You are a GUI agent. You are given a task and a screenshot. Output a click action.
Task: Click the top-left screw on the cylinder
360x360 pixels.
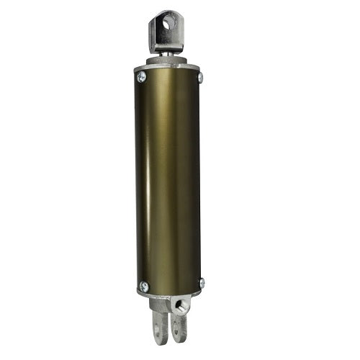tap(141, 75)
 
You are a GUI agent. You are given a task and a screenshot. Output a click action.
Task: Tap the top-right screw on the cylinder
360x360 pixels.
tap(200, 77)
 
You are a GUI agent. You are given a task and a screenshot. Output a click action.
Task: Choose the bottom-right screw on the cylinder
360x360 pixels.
tap(201, 283)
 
